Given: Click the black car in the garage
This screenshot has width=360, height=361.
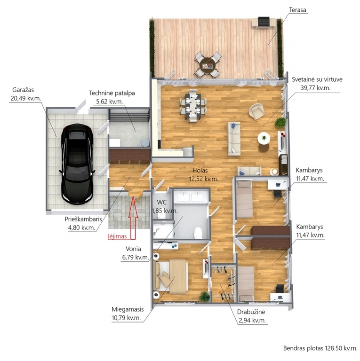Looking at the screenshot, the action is (x=78, y=164).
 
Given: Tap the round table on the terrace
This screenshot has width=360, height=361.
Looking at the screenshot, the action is (x=208, y=65).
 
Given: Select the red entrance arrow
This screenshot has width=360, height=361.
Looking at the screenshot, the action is (x=133, y=217).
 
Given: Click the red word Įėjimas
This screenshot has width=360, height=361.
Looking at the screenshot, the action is (x=118, y=236).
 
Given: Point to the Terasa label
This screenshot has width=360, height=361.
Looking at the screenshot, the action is (x=297, y=10).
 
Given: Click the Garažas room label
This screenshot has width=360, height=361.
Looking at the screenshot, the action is (x=23, y=90).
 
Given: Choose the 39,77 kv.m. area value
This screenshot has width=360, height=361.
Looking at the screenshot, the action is (x=315, y=88).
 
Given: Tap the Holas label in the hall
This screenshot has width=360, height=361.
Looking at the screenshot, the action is (x=200, y=170).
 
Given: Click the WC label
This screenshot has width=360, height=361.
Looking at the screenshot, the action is (x=161, y=203).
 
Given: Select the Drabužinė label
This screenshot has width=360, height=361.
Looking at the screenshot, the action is (x=251, y=312).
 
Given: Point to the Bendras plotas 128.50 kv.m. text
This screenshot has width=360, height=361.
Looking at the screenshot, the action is (x=320, y=348).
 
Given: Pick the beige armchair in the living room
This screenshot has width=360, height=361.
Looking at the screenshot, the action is (x=256, y=111).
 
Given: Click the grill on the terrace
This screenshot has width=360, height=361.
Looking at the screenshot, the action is (x=264, y=22).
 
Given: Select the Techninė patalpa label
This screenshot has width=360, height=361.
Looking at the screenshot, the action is (x=112, y=93).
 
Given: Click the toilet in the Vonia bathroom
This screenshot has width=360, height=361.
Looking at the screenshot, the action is (x=198, y=233).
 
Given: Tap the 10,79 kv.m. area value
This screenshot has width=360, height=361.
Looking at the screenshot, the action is (x=126, y=318).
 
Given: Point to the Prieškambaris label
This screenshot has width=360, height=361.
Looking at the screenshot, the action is (x=83, y=219).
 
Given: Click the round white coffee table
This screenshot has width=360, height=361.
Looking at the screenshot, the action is (x=264, y=138).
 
